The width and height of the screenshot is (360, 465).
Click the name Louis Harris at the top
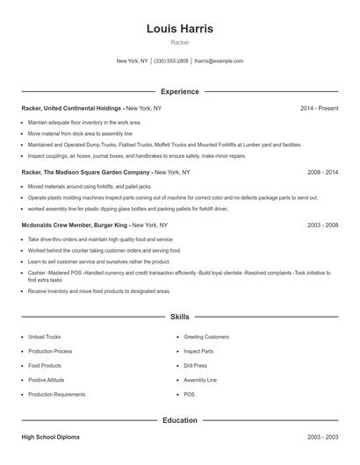179,28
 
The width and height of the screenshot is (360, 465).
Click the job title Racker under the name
179,42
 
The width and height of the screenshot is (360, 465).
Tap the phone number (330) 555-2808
171,61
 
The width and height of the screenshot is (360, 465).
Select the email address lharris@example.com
219,61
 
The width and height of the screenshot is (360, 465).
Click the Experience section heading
179,91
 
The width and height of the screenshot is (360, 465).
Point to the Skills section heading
179,316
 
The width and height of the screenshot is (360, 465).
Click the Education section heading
179,420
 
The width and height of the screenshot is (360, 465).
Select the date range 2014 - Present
319,108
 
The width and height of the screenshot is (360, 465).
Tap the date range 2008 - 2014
322,173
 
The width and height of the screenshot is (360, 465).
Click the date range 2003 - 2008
322,225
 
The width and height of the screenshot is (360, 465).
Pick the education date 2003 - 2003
322,436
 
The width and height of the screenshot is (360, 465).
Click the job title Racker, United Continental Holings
72,108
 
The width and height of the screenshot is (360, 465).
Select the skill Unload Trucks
43,337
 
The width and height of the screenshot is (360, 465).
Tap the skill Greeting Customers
205,337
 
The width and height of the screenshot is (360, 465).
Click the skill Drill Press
195,366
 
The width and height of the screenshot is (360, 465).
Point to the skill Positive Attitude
46,380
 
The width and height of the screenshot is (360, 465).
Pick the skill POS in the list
189,395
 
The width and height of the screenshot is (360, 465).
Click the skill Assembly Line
199,380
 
